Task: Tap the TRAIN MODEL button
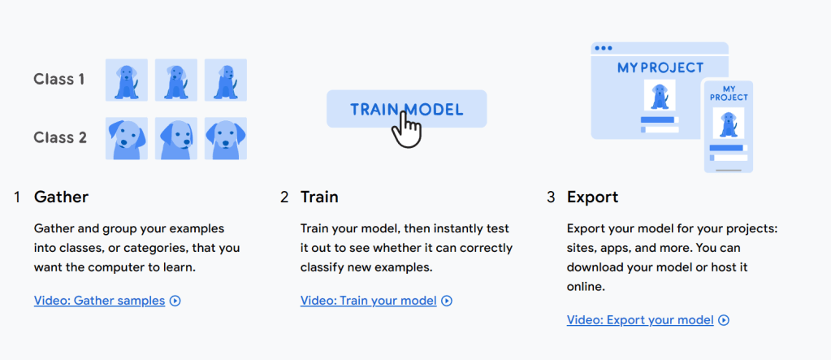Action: coord(406,109)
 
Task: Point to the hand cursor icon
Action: coord(406,130)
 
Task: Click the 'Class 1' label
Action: coord(58,80)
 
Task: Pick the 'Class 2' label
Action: coord(60,138)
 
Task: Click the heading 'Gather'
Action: coord(61,197)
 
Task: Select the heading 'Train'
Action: coord(319,197)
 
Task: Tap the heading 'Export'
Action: coord(592,197)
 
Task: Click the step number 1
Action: coord(17,197)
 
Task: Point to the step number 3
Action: coord(551,197)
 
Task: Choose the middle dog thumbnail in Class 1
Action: coord(176,80)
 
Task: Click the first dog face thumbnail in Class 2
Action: coord(127,138)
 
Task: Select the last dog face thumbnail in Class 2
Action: coord(226,138)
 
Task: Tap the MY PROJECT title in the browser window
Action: coord(660,68)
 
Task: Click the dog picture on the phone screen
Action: coord(728,123)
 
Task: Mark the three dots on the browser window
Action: coord(603,48)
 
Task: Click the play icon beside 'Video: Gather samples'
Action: coord(175,301)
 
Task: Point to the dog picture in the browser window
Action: coord(660,95)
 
